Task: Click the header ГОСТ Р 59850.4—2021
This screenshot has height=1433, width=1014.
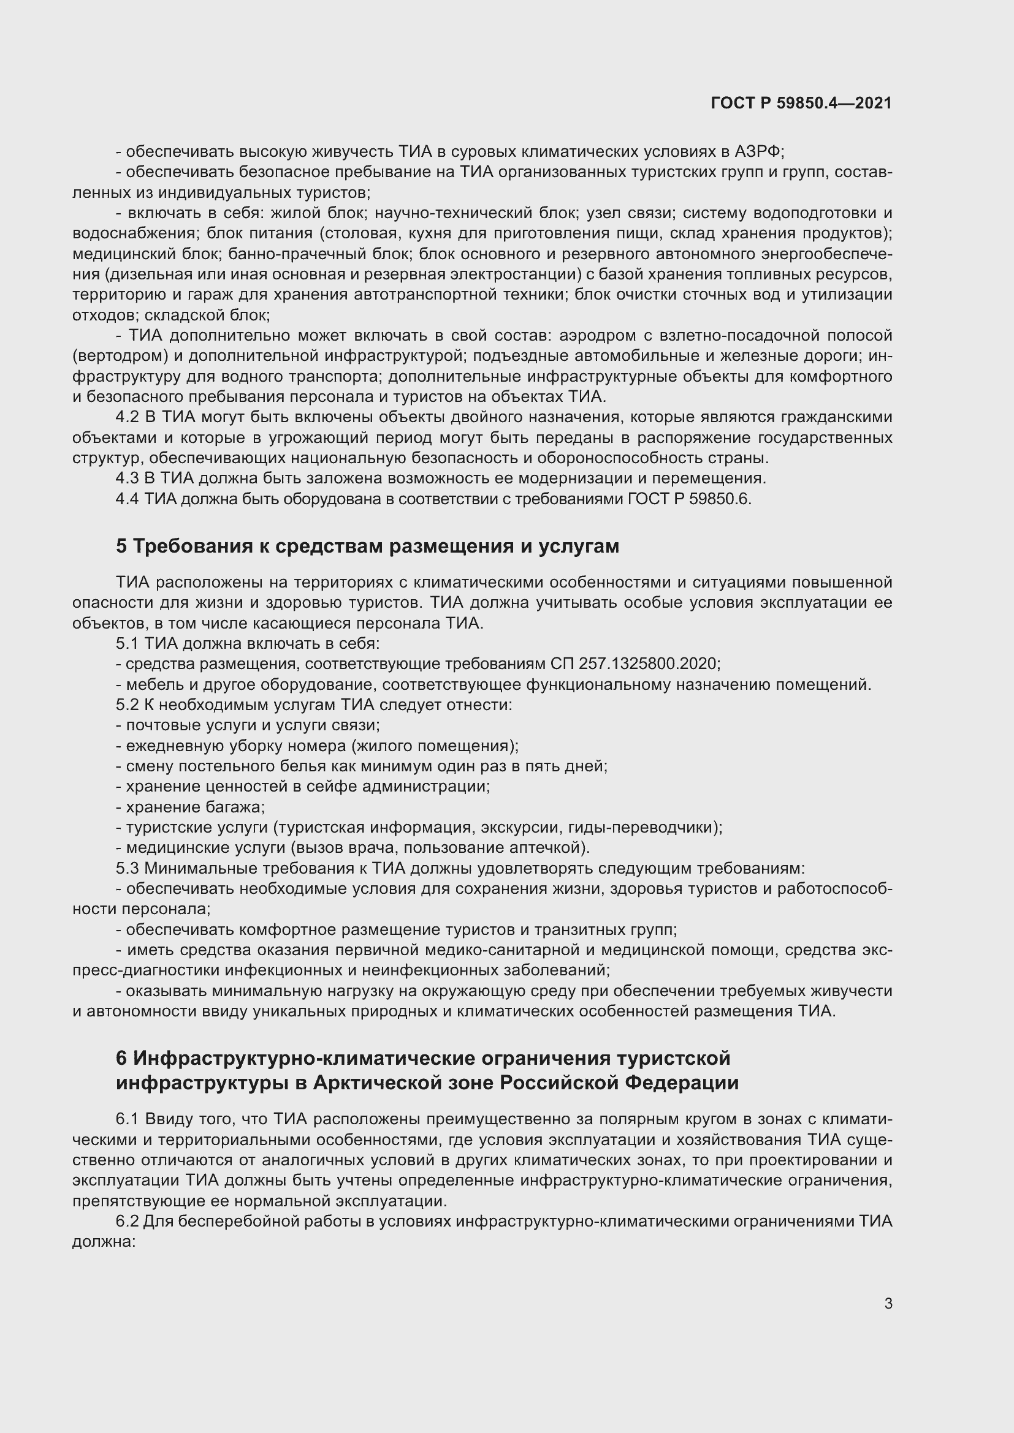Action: click(x=801, y=103)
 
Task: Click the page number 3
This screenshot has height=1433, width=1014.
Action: click(x=888, y=1304)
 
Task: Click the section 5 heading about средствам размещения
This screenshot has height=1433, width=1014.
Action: click(x=367, y=546)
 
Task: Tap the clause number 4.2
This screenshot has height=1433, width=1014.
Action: click(x=127, y=417)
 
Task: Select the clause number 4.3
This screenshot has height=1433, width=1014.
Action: click(x=127, y=478)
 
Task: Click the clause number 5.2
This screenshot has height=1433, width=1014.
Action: click(x=127, y=705)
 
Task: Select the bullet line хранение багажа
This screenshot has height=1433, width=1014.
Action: click(x=191, y=807)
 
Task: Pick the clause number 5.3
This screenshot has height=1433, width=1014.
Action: click(x=127, y=868)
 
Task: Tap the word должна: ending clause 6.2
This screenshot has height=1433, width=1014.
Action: click(x=104, y=1242)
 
